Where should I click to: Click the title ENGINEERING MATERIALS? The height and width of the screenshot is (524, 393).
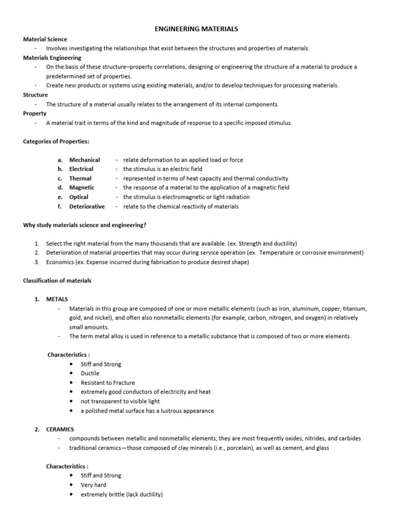196,30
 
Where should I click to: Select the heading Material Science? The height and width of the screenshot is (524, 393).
45,39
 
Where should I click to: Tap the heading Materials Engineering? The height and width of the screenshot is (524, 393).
52,58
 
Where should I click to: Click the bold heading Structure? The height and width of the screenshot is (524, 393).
35,95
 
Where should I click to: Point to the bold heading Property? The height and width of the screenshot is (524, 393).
35,114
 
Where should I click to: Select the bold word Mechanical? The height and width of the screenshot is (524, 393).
84,160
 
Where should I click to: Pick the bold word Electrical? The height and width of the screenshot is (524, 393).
81,169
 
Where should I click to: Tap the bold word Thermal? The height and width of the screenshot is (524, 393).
80,179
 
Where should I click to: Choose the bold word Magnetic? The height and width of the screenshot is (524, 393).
82,188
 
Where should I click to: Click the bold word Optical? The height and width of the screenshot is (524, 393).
79,197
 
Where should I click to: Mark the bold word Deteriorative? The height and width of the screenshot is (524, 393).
87,207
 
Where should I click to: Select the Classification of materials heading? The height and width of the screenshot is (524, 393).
57,280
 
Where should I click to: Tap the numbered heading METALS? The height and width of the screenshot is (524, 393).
57,299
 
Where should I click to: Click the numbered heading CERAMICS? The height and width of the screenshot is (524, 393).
60,429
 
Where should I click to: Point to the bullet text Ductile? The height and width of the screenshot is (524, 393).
90,374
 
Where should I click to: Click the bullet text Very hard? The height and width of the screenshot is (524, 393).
93,485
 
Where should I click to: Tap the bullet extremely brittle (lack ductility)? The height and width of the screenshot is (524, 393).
121,494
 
